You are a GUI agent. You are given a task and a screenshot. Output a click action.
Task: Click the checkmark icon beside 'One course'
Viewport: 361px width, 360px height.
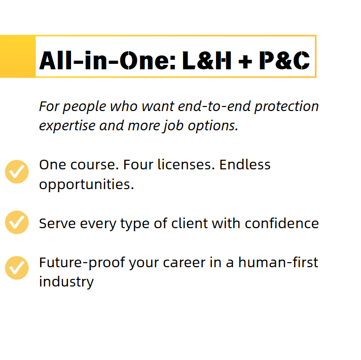coord(17,172)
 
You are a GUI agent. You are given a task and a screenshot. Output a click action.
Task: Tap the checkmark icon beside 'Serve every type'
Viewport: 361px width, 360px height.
coord(17,222)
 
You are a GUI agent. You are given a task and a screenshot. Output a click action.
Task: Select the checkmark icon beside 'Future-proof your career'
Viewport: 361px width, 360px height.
coord(17,268)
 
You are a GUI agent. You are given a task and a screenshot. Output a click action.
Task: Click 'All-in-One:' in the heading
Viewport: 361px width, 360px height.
coord(107,61)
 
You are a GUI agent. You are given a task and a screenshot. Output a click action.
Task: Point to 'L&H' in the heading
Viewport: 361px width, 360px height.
coord(206,61)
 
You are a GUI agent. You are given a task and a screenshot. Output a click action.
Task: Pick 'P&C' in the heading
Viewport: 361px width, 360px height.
coord(283,61)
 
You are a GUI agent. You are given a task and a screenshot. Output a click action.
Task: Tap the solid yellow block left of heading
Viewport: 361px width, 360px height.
coord(17,56)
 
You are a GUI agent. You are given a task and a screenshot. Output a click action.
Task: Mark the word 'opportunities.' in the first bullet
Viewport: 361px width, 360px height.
coord(86,184)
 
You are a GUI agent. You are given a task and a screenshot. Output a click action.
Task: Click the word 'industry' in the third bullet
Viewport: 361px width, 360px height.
coord(66,281)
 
